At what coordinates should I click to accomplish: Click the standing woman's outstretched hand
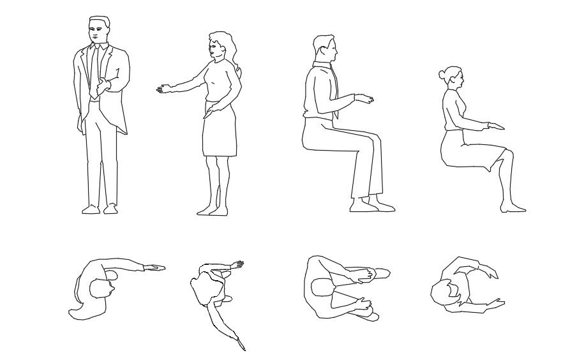[163, 89]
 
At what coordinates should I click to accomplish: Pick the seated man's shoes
[371, 206]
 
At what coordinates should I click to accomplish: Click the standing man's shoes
[100, 209]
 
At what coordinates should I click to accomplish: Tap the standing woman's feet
[213, 210]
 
